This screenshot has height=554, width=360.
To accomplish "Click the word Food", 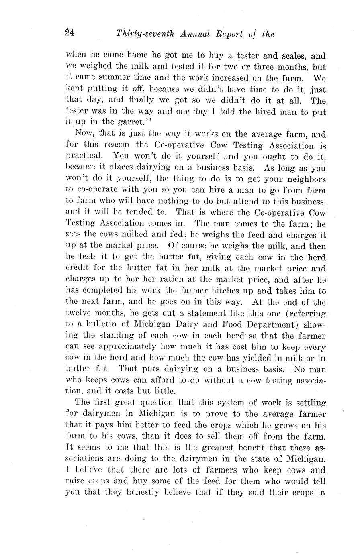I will [221, 324].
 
